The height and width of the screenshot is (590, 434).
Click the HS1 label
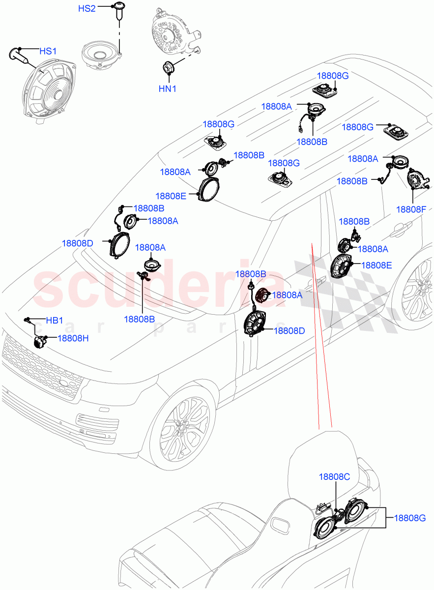pyautogui.click(x=48, y=51)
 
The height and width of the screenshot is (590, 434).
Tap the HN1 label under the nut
pyautogui.click(x=167, y=89)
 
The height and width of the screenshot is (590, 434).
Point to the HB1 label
pyautogui.click(x=54, y=321)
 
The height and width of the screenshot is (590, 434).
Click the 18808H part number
pyautogui.click(x=74, y=338)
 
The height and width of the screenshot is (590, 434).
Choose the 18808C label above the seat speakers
pyautogui.click(x=334, y=476)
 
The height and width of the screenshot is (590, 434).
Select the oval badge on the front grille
pyautogui.click(x=68, y=383)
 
